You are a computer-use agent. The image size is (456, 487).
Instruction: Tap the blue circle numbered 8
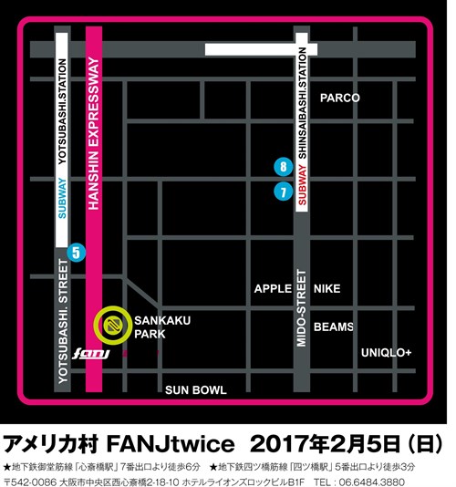(285, 167)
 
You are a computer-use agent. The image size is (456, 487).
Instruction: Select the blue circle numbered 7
(285, 192)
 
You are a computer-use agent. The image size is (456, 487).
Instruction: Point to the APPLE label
(274, 289)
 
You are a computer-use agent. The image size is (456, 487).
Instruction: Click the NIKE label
(326, 289)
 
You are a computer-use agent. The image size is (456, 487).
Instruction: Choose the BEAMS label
(333, 326)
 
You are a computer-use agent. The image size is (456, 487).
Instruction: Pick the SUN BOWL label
(195, 389)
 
